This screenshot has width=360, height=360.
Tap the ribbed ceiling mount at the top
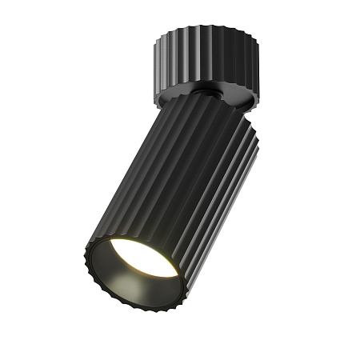[x=204, y=55]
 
